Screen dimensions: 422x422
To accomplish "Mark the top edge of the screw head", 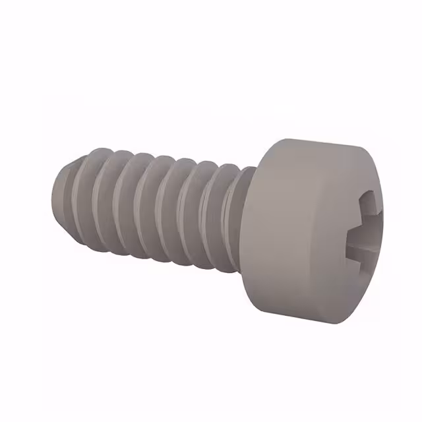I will click(316, 142).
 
